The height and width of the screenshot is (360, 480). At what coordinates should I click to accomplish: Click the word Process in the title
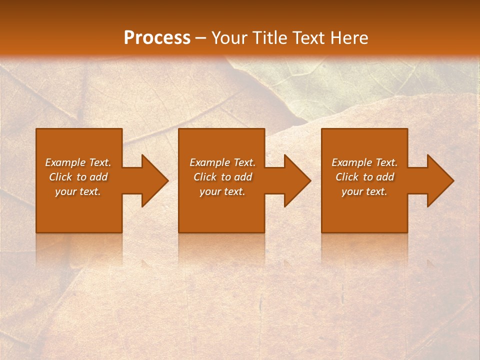click(157, 37)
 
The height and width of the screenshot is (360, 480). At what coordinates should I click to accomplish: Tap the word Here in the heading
click(349, 37)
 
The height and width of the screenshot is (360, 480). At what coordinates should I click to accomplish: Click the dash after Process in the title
click(201, 38)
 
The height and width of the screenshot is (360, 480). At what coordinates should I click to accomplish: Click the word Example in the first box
click(65, 162)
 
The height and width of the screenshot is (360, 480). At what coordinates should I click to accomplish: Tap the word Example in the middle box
click(209, 162)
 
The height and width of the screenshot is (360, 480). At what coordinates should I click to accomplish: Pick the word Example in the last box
click(351, 162)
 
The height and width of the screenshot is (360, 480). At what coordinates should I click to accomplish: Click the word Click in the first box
click(60, 177)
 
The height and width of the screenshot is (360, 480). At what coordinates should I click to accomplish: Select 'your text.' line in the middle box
click(222, 191)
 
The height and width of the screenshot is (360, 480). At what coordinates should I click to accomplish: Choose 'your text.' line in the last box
click(364, 191)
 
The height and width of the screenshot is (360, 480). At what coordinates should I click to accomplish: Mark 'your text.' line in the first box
click(78, 191)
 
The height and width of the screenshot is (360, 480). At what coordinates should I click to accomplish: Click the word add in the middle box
click(243, 177)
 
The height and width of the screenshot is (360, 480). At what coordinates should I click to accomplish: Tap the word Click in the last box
click(347, 177)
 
